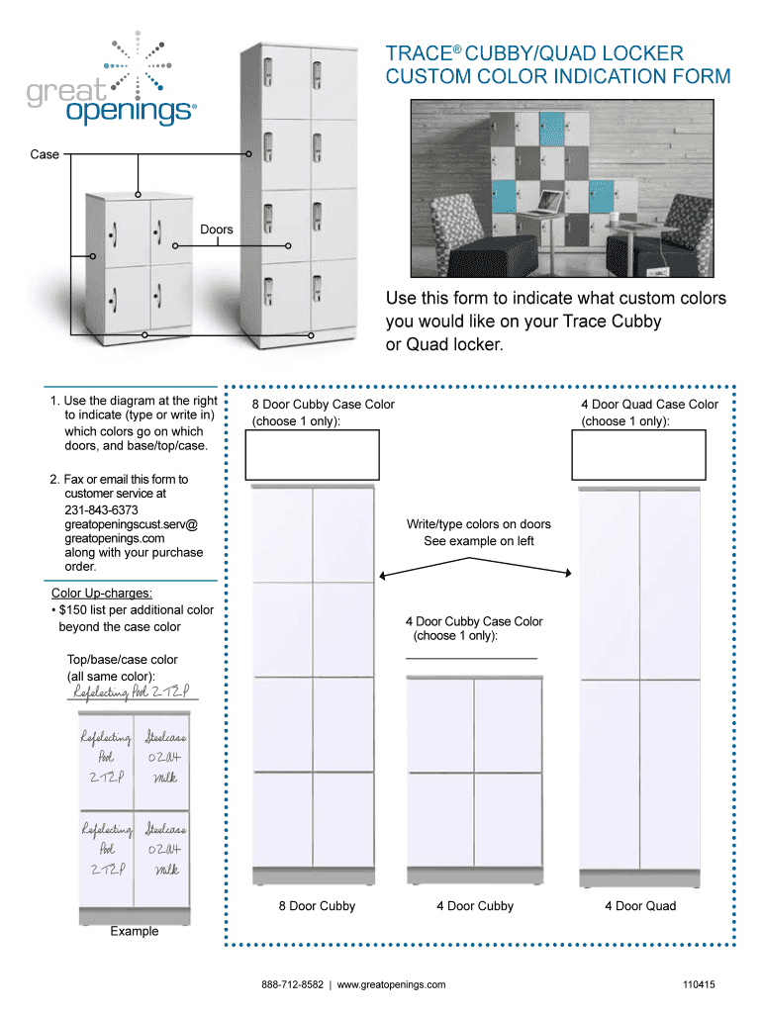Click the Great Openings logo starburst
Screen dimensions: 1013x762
coord(137,63)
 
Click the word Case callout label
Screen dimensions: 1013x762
coord(45,154)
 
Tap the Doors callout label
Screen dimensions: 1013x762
coord(217,230)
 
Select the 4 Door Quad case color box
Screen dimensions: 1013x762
coord(639,454)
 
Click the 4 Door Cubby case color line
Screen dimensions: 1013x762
coord(471,657)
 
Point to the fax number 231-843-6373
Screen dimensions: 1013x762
coord(101,509)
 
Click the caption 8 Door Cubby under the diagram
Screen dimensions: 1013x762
coord(317,906)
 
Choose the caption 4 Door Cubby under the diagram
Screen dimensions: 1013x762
coord(475,906)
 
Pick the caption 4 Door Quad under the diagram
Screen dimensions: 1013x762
coord(640,906)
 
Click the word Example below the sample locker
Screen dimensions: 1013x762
coord(134,931)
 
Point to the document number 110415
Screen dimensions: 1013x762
coord(698,984)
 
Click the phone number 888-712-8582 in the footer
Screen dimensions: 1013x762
coord(293,984)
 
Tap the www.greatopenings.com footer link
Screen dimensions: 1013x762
coord(391,984)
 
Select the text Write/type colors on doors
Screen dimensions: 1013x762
coord(479,524)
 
